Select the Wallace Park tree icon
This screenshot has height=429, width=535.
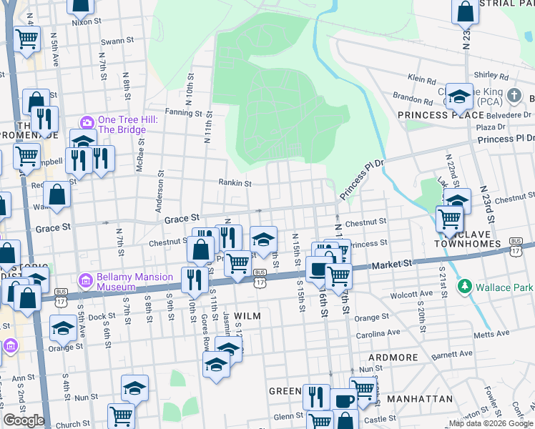(x=465, y=287)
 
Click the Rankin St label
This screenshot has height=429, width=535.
(x=235, y=182)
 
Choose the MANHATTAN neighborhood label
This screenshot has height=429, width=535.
(x=419, y=398)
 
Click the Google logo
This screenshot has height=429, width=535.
(x=24, y=420)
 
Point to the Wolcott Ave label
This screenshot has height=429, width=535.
(x=411, y=294)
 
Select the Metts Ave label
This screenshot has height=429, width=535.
(x=494, y=333)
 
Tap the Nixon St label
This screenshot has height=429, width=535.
(x=84, y=22)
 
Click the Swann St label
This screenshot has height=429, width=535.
(x=113, y=41)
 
